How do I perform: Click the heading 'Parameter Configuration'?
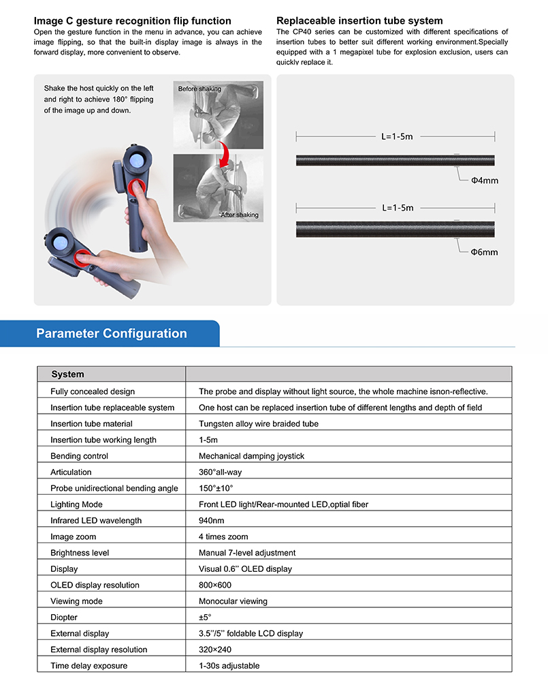click(112, 334)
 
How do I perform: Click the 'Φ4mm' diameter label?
click(485, 181)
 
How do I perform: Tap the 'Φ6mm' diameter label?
click(485, 252)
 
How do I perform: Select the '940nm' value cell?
click(212, 521)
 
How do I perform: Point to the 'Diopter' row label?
click(64, 618)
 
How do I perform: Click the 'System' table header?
click(68, 374)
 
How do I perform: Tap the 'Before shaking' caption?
click(200, 89)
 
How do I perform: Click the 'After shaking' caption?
click(239, 215)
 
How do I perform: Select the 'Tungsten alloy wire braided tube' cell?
click(258, 424)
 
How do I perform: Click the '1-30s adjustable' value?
click(229, 666)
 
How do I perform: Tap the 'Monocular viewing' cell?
click(233, 601)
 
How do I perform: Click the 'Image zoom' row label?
click(73, 537)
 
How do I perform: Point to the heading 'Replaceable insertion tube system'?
click(359, 21)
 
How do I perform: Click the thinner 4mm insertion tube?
click(395, 161)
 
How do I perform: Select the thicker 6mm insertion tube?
click(395, 229)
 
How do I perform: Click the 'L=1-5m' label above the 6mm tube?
click(398, 207)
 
